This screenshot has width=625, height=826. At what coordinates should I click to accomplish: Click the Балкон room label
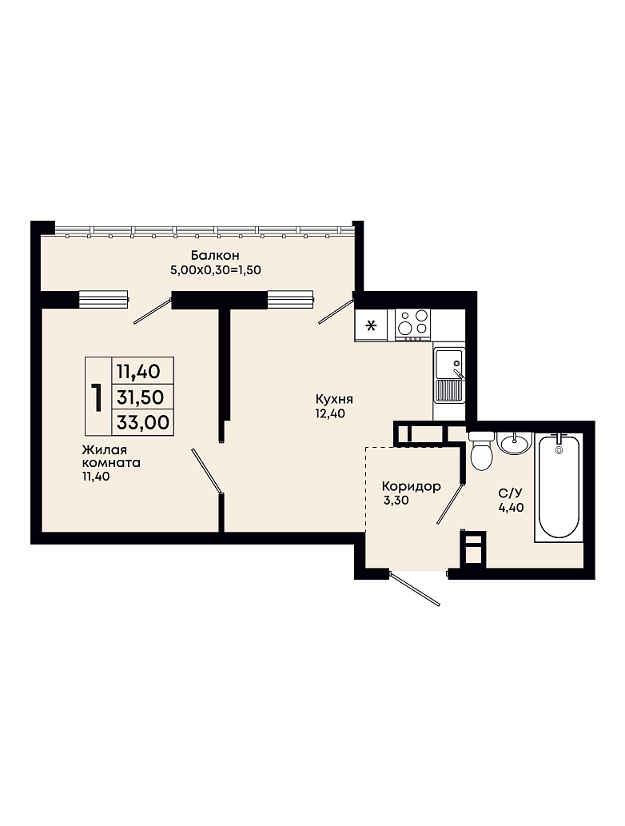pos(215,256)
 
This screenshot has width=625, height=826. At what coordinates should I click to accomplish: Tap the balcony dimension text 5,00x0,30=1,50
pos(215,270)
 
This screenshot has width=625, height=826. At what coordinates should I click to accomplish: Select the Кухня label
pos(334,399)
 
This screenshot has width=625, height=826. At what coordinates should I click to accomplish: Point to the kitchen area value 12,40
pos(330,414)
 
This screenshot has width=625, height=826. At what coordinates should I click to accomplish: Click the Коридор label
pos(412,486)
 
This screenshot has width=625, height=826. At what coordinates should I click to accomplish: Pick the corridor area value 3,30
pos(396,501)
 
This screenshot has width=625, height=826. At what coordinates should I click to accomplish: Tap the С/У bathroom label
pos(510,493)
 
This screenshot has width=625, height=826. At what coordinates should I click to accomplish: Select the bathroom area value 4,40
pos(512,507)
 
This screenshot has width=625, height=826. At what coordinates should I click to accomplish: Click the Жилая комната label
pos(111,457)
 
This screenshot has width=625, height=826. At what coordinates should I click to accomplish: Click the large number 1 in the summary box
pos(97,397)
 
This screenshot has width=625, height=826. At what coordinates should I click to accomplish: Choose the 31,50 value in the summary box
pos(141,397)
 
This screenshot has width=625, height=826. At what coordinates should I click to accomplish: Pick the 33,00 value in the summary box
pos(143,422)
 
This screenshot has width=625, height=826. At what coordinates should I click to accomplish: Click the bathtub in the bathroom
pos(559,487)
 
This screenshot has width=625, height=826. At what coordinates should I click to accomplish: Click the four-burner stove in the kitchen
pos(413,324)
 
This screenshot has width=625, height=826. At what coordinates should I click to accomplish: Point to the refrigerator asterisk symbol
pos(371,325)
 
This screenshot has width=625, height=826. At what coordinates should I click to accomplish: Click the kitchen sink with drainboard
pos(449,375)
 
